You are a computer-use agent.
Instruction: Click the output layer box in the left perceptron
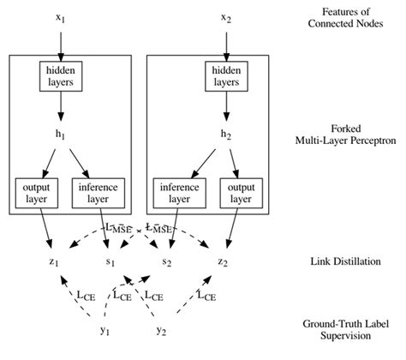click(36, 193)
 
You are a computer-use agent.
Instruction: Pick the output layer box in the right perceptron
click(239, 193)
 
